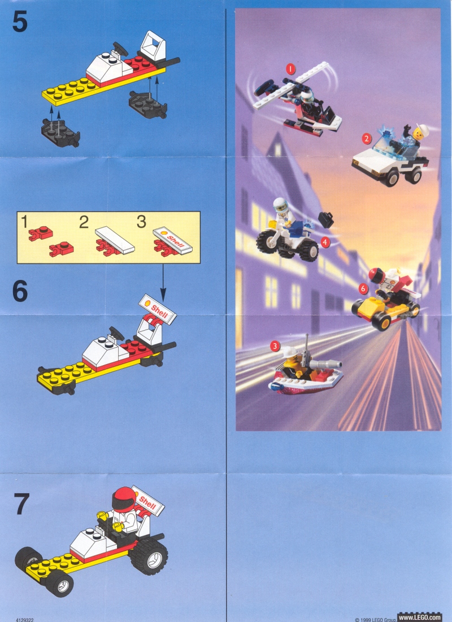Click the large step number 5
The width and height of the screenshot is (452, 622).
(x=20, y=22)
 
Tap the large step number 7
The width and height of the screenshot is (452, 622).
(x=21, y=504)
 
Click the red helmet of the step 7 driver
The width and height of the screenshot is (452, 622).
(x=124, y=498)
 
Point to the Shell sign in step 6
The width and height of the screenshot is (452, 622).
(x=158, y=309)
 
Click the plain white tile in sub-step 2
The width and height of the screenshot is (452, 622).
(x=115, y=240)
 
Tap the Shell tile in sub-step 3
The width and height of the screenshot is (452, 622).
(x=173, y=240)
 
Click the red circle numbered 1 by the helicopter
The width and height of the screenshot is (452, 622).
(x=290, y=69)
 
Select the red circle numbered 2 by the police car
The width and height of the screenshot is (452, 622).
(x=366, y=138)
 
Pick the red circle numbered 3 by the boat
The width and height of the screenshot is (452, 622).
(x=275, y=346)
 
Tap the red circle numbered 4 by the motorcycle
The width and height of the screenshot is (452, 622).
(x=325, y=242)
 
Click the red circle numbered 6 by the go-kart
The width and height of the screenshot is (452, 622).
(x=363, y=289)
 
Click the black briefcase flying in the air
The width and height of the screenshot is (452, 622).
(x=327, y=220)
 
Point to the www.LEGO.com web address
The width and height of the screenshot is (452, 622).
(x=419, y=617)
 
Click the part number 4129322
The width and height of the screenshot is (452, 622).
(x=24, y=619)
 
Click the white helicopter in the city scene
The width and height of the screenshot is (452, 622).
(x=296, y=99)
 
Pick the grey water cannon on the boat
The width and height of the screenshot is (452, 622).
(x=325, y=364)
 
